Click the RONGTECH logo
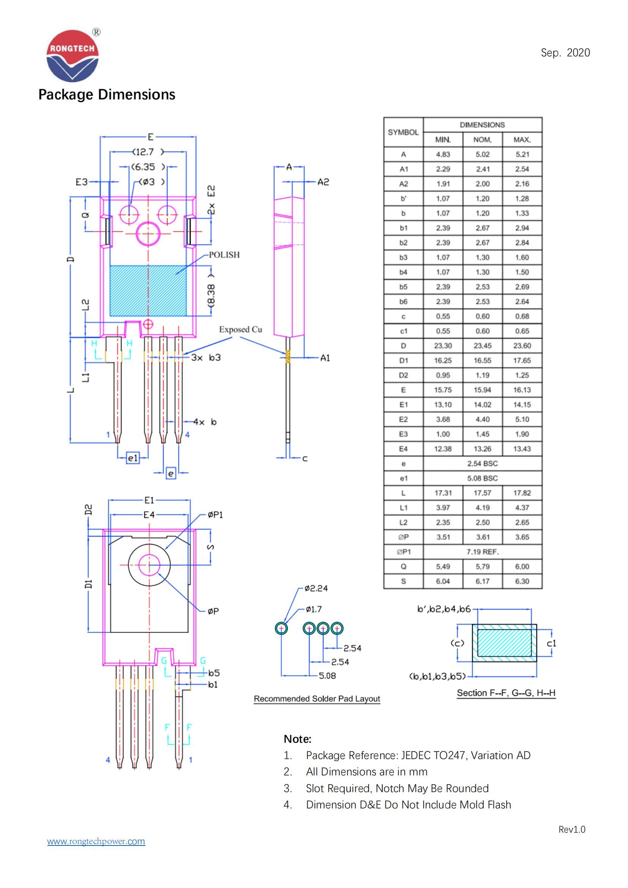[x=72, y=56]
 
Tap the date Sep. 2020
[x=565, y=53]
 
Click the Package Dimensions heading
[x=107, y=95]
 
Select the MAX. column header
[x=522, y=140]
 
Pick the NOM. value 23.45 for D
[x=482, y=346]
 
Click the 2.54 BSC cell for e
[x=482, y=463]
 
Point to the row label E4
[x=403, y=449]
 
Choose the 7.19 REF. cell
[x=482, y=552]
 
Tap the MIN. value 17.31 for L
[x=443, y=493]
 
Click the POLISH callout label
[x=224, y=255]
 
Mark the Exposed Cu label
[x=240, y=330]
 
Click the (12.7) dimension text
[x=147, y=151]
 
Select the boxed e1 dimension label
[x=133, y=458]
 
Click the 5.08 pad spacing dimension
[x=327, y=676]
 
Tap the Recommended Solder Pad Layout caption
[x=317, y=699]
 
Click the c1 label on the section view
[x=551, y=643]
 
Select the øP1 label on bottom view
[x=215, y=515]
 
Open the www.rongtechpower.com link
[x=96, y=841]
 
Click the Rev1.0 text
[x=571, y=829]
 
